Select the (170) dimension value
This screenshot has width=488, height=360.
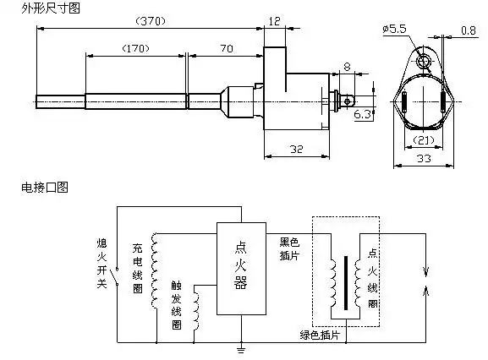pos(135,48)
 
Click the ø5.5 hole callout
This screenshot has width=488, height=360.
pos(395,29)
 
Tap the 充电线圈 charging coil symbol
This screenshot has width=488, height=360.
pos(153,271)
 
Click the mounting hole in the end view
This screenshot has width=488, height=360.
pos(422,60)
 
